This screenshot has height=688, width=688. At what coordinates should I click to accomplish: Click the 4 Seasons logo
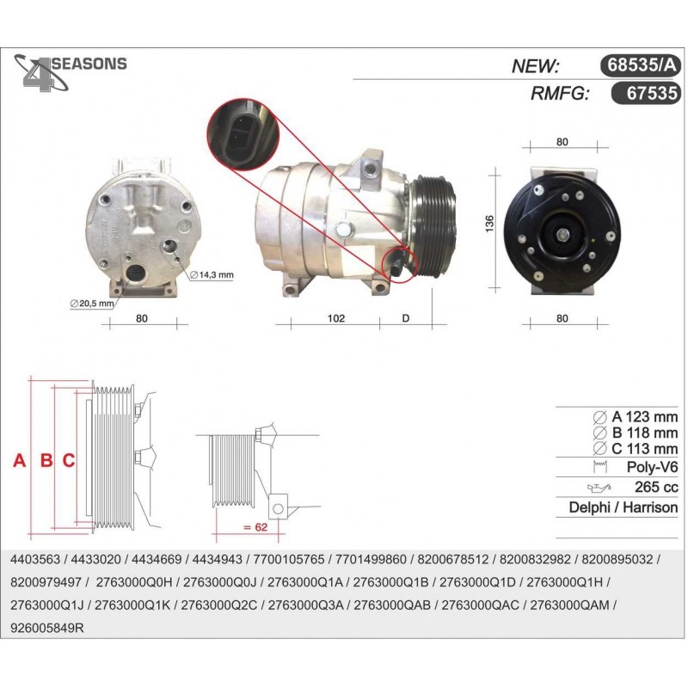71,72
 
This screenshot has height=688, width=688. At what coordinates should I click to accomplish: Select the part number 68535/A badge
640,65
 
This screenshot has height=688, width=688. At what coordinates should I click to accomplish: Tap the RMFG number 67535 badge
646,93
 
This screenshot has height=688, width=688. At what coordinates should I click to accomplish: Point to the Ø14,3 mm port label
212,275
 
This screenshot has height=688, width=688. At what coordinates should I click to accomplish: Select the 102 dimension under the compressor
336,318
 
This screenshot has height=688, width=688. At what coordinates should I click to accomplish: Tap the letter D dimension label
405,318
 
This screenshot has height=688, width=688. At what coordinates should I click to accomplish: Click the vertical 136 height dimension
489,224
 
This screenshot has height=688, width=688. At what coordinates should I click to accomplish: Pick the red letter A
19,461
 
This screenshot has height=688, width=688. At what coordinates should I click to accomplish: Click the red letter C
69,461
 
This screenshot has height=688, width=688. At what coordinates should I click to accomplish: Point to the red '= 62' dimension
255,526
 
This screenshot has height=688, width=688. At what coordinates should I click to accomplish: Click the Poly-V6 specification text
652,467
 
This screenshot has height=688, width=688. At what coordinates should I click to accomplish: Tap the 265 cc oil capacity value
656,487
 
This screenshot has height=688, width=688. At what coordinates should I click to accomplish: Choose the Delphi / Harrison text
623,507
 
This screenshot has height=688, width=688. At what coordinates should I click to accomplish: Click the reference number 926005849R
47,629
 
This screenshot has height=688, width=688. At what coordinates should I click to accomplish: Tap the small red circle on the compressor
398,265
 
